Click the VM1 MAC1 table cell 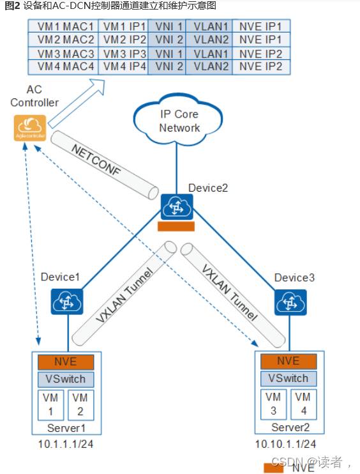tap(63, 26)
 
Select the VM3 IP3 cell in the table tap(123, 54)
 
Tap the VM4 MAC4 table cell tap(63, 67)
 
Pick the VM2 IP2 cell tap(123, 40)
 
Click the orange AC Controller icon tap(30, 128)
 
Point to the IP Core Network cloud tap(178, 119)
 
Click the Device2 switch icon tap(177, 207)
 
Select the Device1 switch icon tap(67, 302)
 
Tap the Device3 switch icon tap(290, 302)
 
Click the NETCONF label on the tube tap(96, 160)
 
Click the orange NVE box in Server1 tap(66, 362)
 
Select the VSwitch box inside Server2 tap(289, 378)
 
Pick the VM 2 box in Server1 tap(80, 405)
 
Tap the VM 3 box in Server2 tap(273, 404)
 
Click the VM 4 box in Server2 tap(304, 404)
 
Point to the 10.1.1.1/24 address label tap(66, 444)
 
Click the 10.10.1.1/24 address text tap(285, 444)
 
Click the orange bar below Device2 tap(176, 226)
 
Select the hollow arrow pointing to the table tap(77, 103)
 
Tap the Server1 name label tap(66, 428)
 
